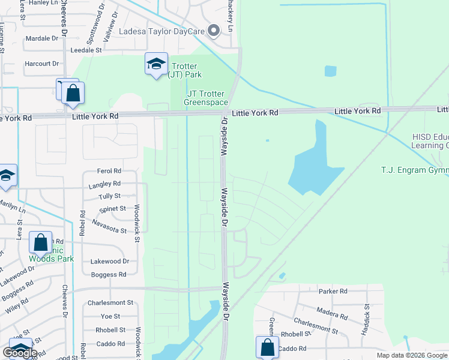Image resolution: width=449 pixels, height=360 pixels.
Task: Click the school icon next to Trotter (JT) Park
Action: point(156,64)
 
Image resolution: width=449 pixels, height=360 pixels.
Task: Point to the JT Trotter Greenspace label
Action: point(205,98)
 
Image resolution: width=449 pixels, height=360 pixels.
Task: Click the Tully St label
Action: point(109,196)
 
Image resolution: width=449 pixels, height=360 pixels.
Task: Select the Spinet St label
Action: point(112,209)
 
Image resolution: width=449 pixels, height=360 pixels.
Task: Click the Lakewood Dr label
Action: point(109,262)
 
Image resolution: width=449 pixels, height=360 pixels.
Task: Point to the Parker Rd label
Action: point(333,292)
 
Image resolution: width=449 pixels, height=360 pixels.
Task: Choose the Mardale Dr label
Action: point(42,38)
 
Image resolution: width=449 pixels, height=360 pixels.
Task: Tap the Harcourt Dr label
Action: point(41,64)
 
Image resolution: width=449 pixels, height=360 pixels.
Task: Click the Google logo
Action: point(20,353)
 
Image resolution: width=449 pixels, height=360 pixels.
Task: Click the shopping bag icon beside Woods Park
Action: point(40,244)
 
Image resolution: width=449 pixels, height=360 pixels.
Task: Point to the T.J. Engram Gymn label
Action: point(415,170)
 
